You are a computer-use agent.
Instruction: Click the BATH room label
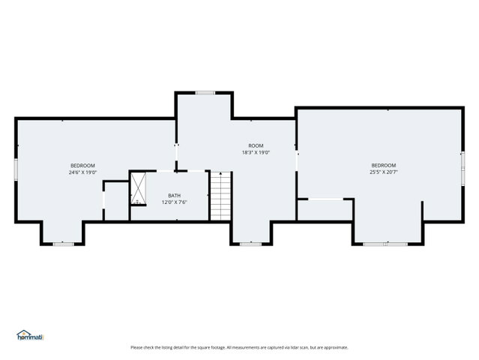tap(174, 195)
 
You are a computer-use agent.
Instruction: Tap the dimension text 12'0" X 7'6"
tap(174, 202)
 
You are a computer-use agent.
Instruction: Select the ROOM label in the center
tap(256, 145)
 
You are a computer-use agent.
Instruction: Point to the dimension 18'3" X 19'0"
tap(256, 152)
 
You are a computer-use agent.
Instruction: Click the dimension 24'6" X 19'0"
tap(82, 172)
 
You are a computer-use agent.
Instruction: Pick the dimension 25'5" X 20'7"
tap(384, 172)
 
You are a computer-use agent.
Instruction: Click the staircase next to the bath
tap(220, 196)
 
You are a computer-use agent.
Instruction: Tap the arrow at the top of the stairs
tap(220, 175)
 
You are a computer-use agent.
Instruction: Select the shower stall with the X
tap(139, 188)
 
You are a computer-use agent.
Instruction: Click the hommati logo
tap(30, 335)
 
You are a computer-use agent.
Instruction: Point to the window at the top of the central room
tap(205, 93)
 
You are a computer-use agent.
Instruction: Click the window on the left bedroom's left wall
tap(16, 169)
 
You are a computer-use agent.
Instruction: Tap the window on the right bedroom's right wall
tap(463, 169)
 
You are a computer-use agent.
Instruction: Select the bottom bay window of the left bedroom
tap(64, 244)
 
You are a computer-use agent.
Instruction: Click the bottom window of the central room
tap(250, 244)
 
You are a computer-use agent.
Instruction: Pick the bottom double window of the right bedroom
tap(385, 244)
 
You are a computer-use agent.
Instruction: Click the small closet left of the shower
tap(116, 201)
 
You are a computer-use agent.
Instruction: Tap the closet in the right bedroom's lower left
tap(325, 210)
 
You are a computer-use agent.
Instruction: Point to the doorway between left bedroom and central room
tap(176, 156)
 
